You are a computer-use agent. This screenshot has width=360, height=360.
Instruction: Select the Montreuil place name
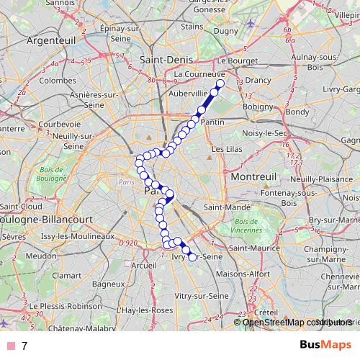[x=252, y=175]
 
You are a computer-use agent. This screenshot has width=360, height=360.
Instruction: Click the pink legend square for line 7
[x=9, y=346]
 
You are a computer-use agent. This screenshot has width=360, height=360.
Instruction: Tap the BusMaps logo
[x=325, y=345]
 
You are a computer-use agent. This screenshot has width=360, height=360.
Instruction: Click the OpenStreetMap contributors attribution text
[x=294, y=322]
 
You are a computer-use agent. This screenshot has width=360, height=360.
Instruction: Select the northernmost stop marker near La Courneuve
[x=220, y=84]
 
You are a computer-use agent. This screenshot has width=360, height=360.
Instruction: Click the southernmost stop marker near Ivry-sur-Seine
[x=192, y=257]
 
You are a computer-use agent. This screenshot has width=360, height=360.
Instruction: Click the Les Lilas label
[x=222, y=149]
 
